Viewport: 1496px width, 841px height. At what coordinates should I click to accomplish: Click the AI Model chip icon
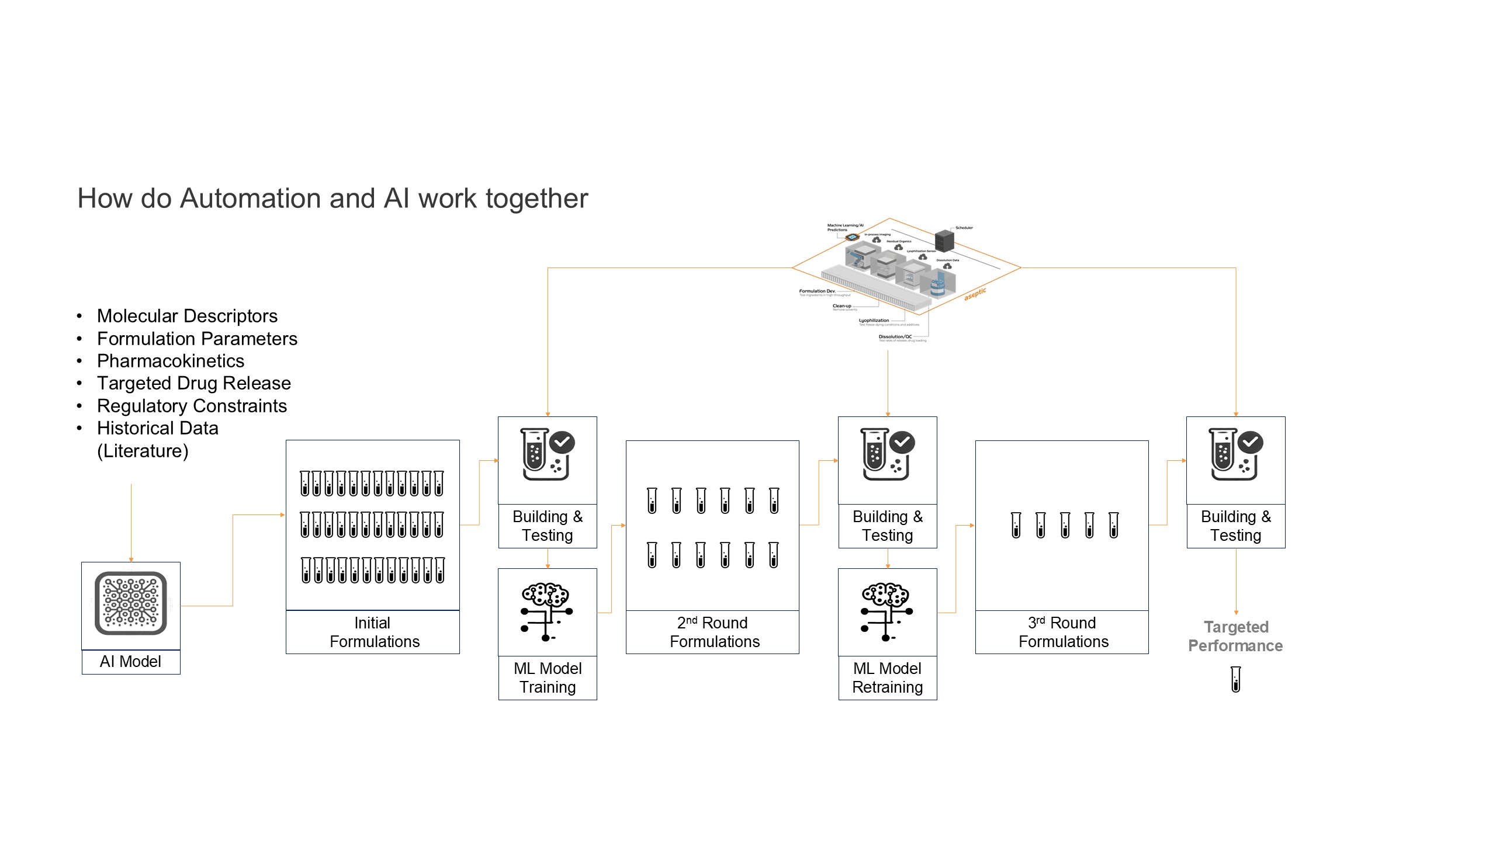(131, 603)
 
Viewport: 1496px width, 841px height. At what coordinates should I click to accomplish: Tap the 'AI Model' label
(130, 662)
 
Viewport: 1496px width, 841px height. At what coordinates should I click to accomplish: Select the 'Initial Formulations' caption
(373, 632)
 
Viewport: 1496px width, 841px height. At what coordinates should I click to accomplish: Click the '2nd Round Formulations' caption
(714, 632)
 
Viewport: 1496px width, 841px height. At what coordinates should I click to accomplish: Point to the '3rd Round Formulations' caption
(1062, 632)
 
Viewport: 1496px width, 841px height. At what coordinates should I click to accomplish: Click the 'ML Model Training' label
(548, 677)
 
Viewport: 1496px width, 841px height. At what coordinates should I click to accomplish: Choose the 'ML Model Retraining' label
(887, 677)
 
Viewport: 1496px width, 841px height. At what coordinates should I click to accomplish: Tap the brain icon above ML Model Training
(546, 611)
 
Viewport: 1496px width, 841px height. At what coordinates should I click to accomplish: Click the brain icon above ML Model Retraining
(886, 611)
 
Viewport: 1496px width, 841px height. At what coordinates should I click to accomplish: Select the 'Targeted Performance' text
(1235, 636)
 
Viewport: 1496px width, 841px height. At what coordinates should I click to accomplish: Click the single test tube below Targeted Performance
(1235, 679)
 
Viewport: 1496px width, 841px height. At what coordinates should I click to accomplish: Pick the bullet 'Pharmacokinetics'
(171, 361)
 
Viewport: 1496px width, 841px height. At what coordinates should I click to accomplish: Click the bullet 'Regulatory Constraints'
(192, 406)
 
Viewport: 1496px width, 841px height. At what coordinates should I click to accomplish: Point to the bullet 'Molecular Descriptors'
(187, 316)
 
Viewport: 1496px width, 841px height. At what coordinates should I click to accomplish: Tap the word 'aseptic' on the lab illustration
(975, 294)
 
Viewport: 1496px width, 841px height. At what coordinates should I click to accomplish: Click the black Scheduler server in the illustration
(944, 240)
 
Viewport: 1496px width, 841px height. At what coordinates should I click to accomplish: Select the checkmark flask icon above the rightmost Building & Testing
(1235, 454)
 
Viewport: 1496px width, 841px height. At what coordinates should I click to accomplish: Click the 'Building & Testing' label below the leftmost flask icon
(548, 526)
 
